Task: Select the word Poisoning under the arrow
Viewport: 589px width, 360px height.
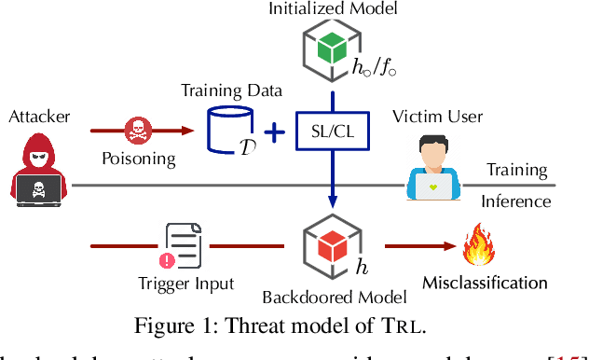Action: coord(138,158)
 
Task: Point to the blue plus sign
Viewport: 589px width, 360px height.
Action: coord(273,133)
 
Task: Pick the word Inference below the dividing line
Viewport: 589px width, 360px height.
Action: coord(515,201)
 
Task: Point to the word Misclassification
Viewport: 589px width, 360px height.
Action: coord(485,282)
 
